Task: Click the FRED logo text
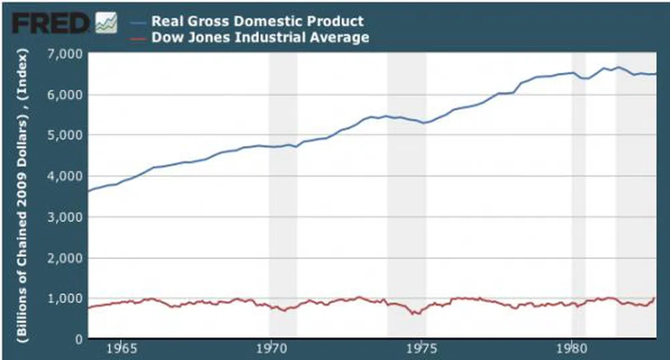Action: click(51, 23)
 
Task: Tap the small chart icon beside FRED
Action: click(106, 23)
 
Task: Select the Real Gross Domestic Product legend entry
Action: click(258, 21)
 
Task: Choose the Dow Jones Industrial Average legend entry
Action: click(260, 37)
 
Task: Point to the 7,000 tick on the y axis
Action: click(66, 53)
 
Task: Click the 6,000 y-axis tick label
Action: click(66, 94)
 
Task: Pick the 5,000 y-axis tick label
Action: click(66, 135)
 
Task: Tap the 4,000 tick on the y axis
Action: click(66, 176)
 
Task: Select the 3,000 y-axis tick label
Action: click(66, 217)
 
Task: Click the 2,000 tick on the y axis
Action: click(66, 258)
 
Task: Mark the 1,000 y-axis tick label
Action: click(66, 298)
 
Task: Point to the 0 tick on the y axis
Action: click(77, 339)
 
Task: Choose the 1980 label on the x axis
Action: click(572, 349)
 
